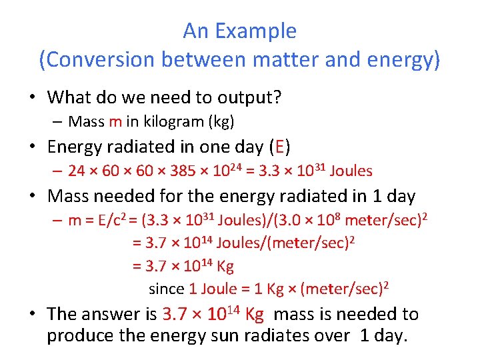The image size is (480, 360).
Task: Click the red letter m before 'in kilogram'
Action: [x=115, y=121]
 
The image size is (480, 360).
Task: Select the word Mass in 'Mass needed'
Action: [x=68, y=197]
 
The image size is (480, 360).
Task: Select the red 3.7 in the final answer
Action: [x=176, y=314]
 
